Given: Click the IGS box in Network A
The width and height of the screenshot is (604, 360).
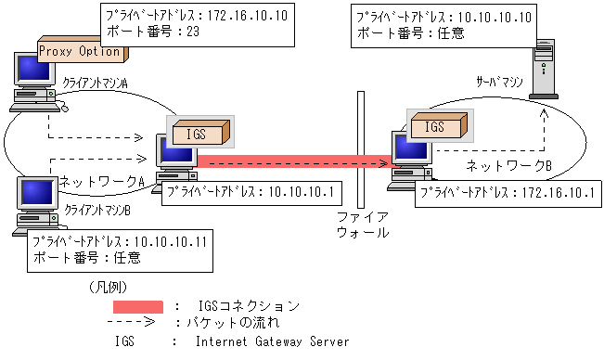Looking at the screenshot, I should (198, 135).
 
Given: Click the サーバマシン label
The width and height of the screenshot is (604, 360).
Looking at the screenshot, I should (501, 83).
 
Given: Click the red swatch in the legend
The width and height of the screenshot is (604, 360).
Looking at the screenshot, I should (138, 305).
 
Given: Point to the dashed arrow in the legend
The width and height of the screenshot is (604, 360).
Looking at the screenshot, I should (138, 322).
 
